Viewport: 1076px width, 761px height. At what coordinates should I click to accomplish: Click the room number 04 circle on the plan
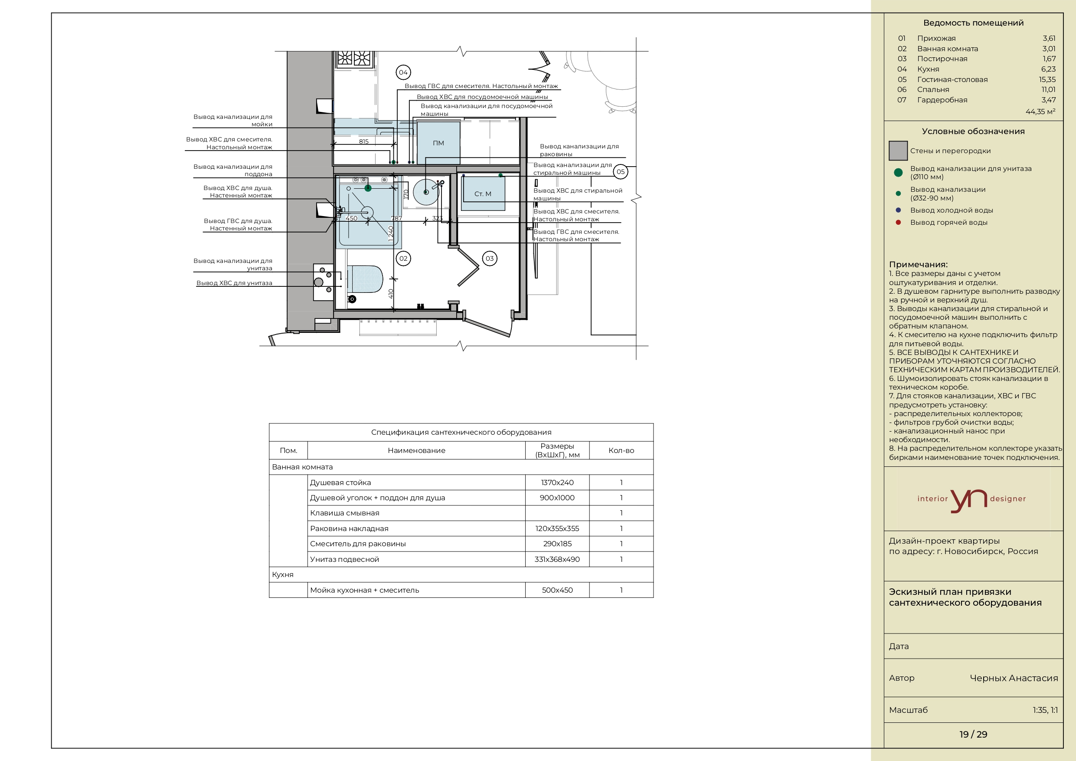(x=403, y=72)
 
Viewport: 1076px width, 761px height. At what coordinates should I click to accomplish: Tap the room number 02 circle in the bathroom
(x=403, y=258)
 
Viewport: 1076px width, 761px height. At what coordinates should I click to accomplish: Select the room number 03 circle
(x=489, y=258)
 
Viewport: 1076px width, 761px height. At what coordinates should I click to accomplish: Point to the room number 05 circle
(x=621, y=172)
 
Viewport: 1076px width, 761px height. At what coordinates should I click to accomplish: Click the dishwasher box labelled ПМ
(x=438, y=143)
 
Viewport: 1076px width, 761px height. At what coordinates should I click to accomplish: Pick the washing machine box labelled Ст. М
(x=483, y=194)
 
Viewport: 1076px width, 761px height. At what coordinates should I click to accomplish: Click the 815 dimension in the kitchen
(x=364, y=141)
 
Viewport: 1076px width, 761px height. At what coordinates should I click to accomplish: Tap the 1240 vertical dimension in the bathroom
(x=391, y=233)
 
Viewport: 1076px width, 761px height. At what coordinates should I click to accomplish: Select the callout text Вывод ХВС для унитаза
(x=234, y=283)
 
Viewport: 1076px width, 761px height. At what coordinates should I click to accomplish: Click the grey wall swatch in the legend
(x=898, y=151)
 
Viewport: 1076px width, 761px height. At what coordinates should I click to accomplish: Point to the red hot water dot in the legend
(x=898, y=222)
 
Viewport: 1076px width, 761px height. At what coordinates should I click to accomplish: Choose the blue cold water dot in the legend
(x=898, y=210)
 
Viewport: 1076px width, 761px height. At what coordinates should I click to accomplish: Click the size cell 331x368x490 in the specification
(x=557, y=559)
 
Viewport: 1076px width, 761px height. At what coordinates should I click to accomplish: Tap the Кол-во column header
(x=621, y=450)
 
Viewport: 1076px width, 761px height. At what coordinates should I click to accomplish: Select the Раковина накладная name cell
(x=349, y=528)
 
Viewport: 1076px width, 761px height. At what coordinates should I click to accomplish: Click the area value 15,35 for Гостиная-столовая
(x=1047, y=79)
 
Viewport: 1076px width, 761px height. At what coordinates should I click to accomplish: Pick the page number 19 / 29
(x=973, y=734)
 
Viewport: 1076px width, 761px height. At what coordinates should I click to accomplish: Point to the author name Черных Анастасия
(x=1014, y=678)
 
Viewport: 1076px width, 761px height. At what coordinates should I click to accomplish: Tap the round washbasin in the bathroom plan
(x=426, y=192)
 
